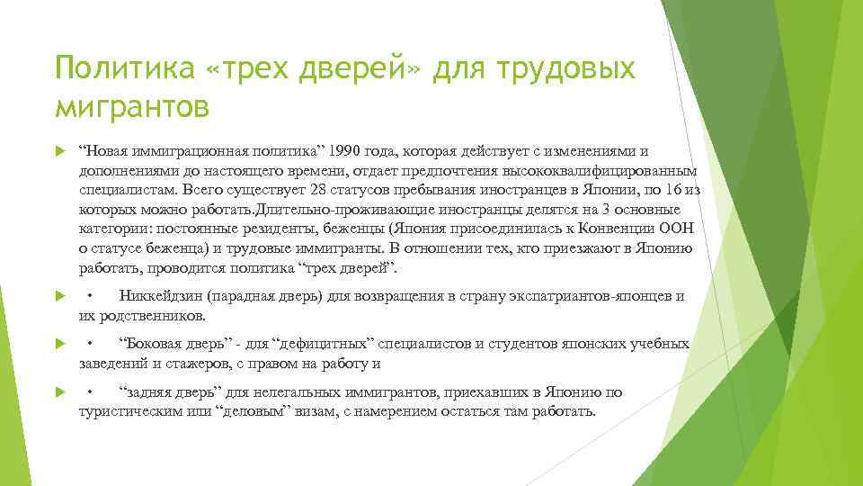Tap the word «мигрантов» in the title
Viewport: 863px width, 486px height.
[132, 107]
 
